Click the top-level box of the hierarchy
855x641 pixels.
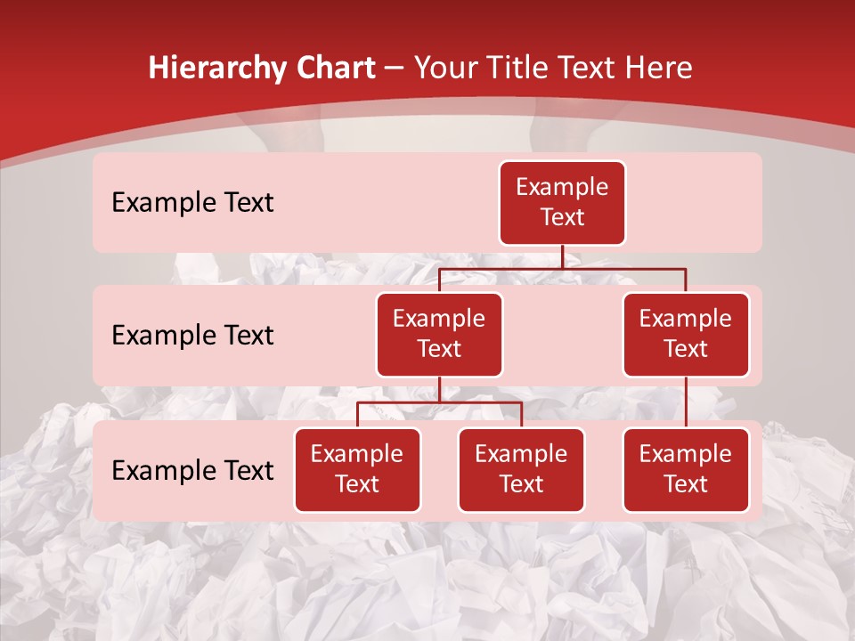(x=562, y=202)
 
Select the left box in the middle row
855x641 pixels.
(x=439, y=334)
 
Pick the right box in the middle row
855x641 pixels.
(x=686, y=334)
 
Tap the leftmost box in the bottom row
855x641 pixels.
(x=357, y=469)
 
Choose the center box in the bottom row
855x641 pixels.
(x=521, y=469)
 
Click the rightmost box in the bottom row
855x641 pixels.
(x=686, y=469)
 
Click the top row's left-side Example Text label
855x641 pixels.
(x=192, y=203)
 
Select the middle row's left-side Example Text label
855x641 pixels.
(x=192, y=335)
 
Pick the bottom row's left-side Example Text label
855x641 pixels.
(x=192, y=470)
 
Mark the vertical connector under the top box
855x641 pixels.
(x=562, y=256)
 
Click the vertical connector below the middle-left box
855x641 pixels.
(x=439, y=389)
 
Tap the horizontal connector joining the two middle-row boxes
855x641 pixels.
(x=562, y=268)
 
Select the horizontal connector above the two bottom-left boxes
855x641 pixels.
(x=439, y=402)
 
